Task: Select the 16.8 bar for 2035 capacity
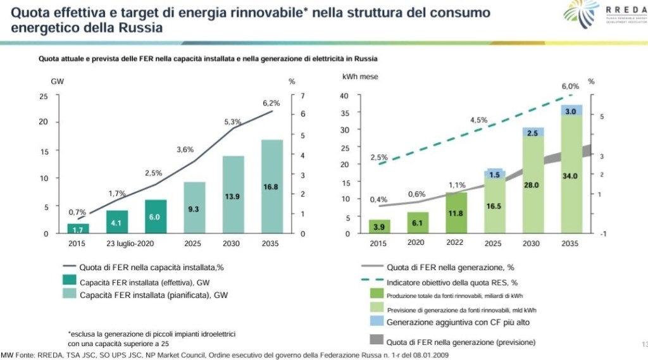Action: click(271, 187)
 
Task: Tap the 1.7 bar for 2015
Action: click(78, 228)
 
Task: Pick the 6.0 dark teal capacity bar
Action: click(155, 216)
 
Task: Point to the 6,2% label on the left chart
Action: click(271, 103)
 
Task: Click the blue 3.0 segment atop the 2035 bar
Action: click(570, 111)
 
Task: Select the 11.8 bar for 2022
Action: click(456, 213)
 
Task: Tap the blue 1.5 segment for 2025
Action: click(494, 175)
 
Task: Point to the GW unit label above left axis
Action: click(57, 82)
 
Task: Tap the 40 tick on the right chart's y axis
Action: click(345, 96)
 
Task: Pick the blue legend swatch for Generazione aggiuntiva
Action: click(375, 322)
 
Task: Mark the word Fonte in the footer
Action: click(27, 355)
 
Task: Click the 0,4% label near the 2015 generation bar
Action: click(379, 200)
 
